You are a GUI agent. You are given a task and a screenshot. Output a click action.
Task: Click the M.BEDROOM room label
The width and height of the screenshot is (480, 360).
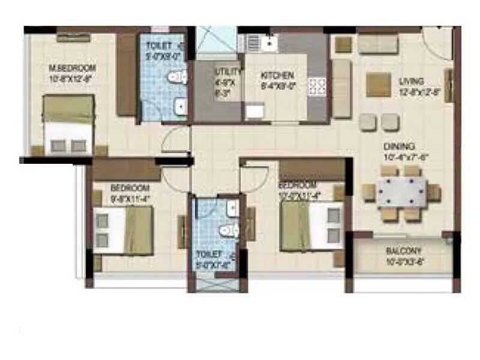click(73, 68)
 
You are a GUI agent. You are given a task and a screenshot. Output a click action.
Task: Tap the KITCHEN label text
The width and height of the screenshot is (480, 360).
click(277, 76)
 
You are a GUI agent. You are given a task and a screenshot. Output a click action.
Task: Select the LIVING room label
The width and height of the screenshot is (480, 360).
click(412, 81)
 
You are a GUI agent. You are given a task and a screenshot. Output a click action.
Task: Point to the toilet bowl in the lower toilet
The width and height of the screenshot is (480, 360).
click(227, 230)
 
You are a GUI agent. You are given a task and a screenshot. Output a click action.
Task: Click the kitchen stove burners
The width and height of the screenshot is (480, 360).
click(317, 86)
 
